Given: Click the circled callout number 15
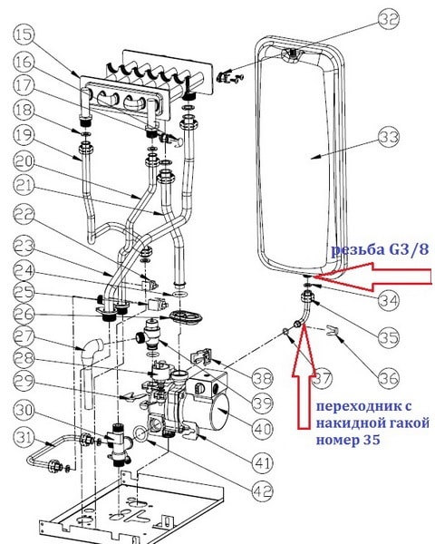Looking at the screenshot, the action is click(x=24, y=35).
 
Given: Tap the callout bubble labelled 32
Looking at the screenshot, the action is click(x=389, y=20).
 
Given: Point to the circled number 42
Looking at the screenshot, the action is click(x=263, y=491).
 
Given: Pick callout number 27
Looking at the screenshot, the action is click(x=24, y=337).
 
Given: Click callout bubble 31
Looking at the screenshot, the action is click(x=24, y=438).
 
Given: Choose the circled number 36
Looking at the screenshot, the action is click(x=389, y=377).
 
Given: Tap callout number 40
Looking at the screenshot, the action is click(x=263, y=430).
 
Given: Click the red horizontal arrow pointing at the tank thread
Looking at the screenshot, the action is click(x=372, y=277).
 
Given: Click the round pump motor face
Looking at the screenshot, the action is click(x=221, y=411).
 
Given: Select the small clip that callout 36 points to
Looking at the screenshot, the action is click(x=333, y=331).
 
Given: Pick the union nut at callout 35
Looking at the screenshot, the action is click(x=307, y=296).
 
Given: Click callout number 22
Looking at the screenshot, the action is click(x=24, y=214).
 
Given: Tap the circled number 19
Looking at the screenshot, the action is click(x=24, y=135).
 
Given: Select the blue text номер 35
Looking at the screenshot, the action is click(x=348, y=440).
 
